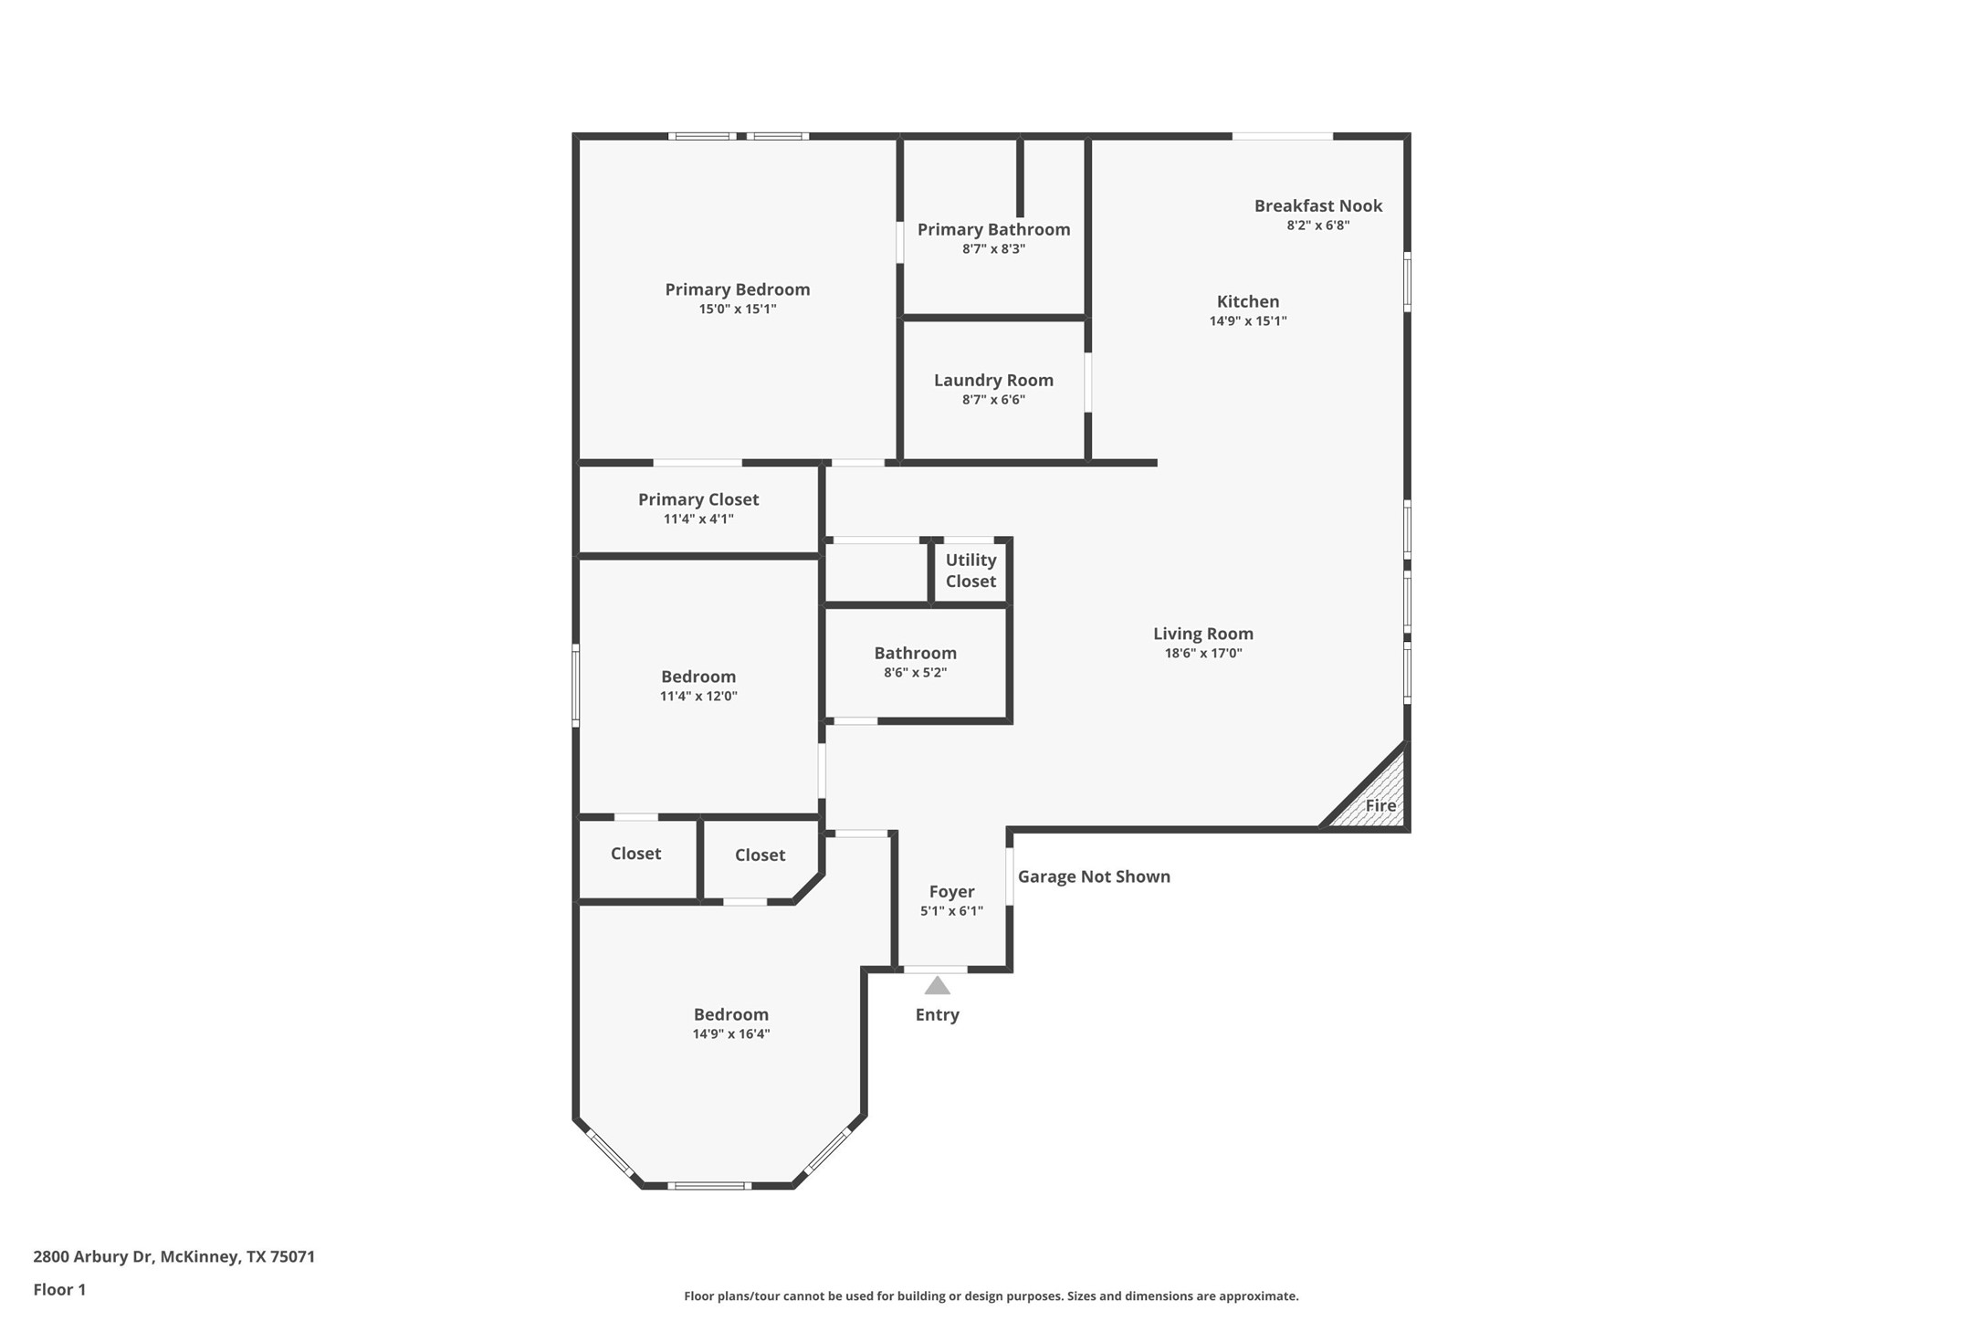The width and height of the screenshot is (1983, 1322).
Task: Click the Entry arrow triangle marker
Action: (x=937, y=986)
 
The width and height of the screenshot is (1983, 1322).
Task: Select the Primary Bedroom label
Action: (x=737, y=289)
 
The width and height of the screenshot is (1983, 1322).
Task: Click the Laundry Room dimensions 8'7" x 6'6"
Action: (x=993, y=400)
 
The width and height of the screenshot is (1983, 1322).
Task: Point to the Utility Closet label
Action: (x=971, y=571)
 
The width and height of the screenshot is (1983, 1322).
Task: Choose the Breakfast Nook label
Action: (x=1317, y=206)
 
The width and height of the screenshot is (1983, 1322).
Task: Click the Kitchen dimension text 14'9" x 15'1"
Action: (x=1247, y=321)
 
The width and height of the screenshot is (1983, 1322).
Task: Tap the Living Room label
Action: (x=1202, y=634)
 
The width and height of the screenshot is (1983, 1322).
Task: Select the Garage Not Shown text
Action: (x=1093, y=876)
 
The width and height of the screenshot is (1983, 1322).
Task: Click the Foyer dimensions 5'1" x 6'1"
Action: (x=951, y=911)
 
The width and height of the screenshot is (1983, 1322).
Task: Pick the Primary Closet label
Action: (x=698, y=499)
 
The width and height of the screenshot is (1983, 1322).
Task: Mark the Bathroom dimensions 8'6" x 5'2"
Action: (x=915, y=673)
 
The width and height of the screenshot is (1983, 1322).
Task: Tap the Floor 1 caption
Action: (x=59, y=1290)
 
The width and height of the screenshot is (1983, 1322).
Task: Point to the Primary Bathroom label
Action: (x=993, y=230)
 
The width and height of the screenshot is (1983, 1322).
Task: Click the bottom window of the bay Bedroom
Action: (x=708, y=1186)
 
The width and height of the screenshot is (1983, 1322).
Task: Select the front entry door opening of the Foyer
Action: (x=935, y=969)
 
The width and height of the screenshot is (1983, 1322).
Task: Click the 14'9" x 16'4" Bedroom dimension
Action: (x=730, y=1034)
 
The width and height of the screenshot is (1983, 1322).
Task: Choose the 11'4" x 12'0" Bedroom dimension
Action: (x=698, y=697)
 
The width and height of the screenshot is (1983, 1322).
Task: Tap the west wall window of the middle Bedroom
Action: (x=576, y=685)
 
